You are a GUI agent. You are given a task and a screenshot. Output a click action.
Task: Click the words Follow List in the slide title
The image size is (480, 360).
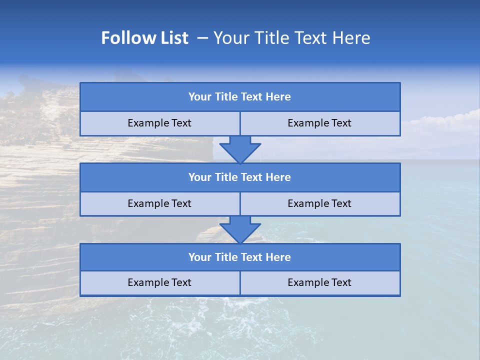144,38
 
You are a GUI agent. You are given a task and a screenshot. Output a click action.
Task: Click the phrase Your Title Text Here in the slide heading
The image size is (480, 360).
291,38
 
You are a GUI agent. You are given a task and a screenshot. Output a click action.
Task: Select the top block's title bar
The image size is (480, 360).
240,97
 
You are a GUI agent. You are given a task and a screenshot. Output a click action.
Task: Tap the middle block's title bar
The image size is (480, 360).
240,177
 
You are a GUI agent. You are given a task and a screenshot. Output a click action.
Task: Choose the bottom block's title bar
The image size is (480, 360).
240,257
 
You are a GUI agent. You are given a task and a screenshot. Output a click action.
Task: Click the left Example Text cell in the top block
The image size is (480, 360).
159,123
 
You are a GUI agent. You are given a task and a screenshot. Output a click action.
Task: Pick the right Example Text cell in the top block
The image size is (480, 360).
319,123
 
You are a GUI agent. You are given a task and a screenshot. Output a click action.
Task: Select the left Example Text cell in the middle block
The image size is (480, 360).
159,203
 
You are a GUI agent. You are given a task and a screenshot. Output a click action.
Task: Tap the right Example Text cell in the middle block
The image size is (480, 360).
319,203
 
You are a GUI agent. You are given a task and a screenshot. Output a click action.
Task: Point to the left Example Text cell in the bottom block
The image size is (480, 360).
159,283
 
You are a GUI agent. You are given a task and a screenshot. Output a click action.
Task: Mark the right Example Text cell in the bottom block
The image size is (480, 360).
319,283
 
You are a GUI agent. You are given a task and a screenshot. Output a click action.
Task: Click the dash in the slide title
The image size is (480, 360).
202,38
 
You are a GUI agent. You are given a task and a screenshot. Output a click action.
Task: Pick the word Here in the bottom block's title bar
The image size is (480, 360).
278,257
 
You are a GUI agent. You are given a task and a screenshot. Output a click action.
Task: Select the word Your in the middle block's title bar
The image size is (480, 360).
199,177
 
